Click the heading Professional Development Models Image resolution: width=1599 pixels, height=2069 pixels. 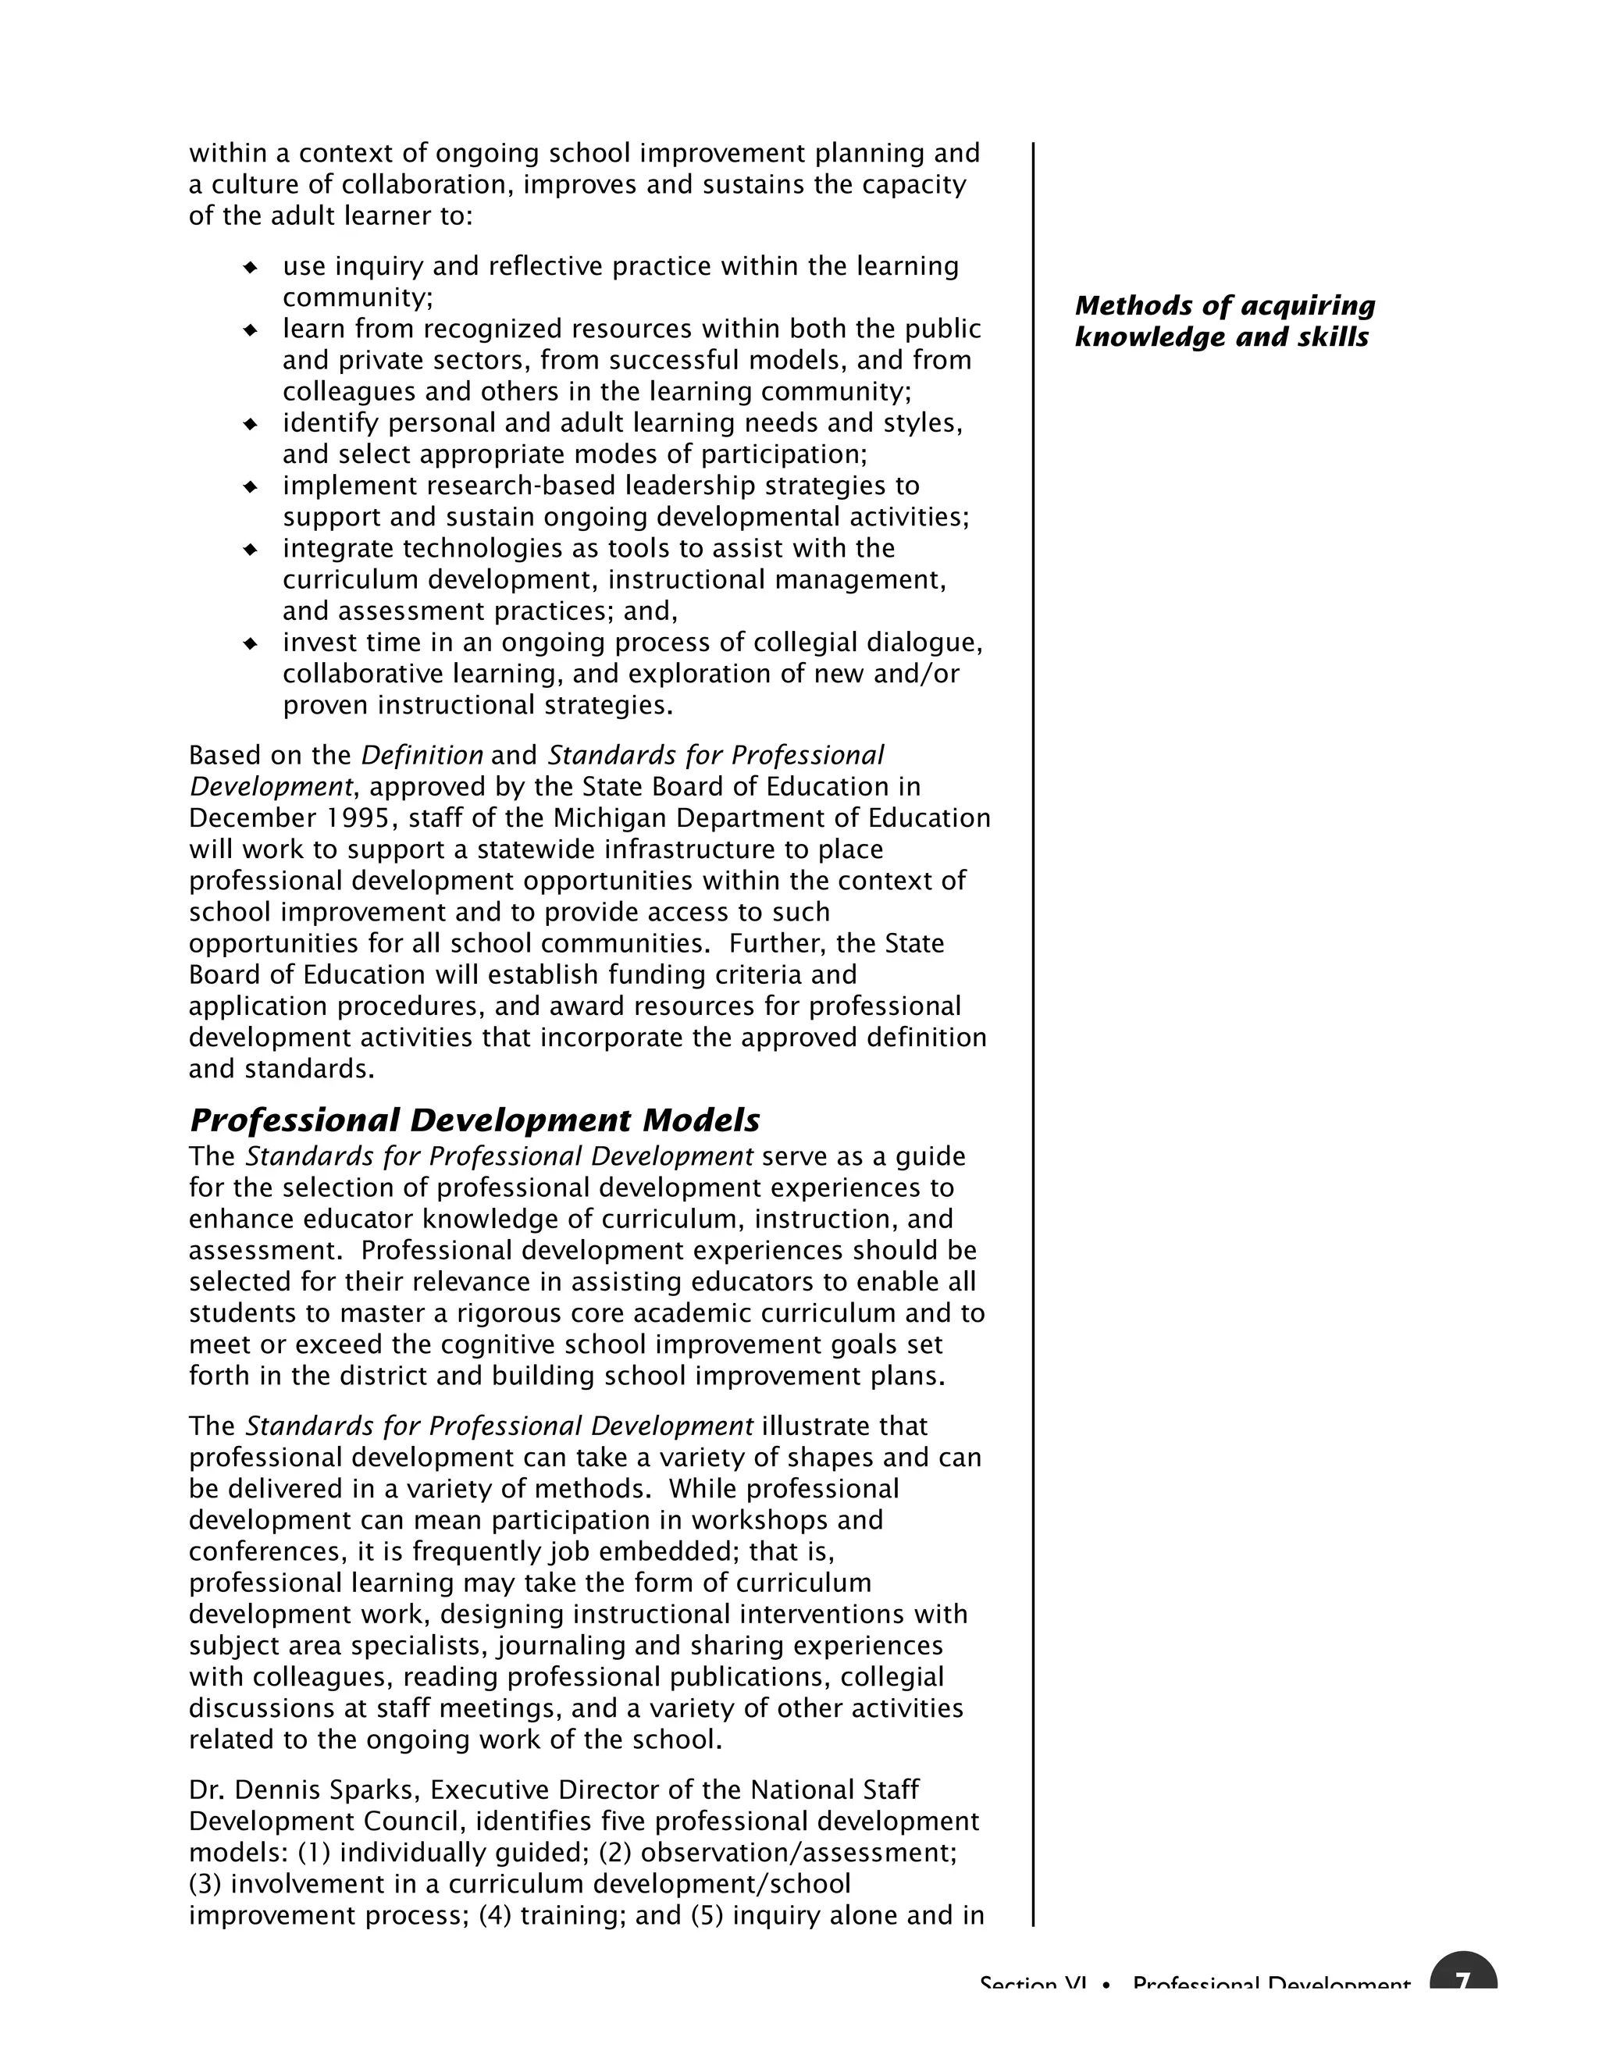coord(475,1120)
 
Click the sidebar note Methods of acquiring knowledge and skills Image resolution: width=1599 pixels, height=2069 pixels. coord(1224,321)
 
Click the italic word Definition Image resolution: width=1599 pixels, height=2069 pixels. coord(422,756)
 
